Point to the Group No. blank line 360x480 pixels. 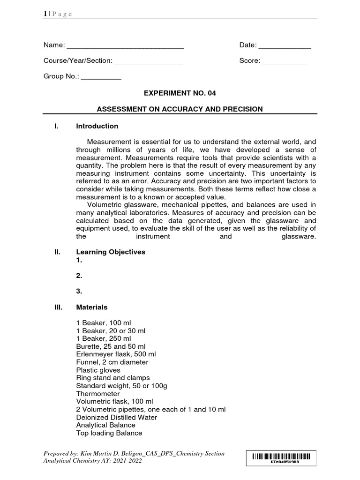(101, 77)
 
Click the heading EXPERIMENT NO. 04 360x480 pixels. (180, 93)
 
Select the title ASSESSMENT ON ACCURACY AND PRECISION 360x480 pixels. (180, 109)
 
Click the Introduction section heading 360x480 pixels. (97, 126)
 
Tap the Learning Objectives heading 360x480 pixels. (111, 252)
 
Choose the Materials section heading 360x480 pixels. (91, 307)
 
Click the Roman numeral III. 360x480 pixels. (58, 307)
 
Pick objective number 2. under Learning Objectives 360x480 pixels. (79, 276)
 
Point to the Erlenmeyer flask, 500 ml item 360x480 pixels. (116, 354)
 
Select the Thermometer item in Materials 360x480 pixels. (97, 394)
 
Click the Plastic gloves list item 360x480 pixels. (98, 370)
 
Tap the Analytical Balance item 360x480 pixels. (105, 425)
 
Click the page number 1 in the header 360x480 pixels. (45, 14)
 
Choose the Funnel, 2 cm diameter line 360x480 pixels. (112, 362)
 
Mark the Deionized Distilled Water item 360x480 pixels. (116, 417)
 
